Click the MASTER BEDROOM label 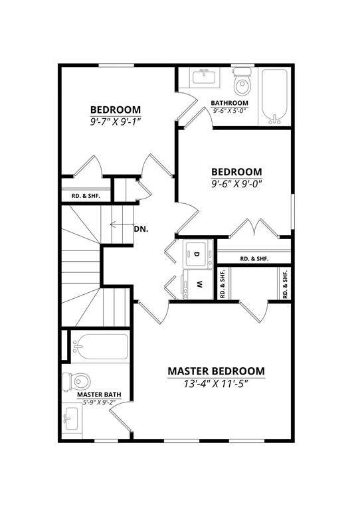[x=217, y=371]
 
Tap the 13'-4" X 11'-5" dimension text [x=216, y=384]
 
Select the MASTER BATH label [x=99, y=394]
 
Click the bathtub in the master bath [x=100, y=347]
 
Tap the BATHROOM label [x=229, y=103]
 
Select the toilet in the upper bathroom [x=242, y=81]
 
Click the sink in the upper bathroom [x=205, y=77]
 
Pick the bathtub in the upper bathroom [x=275, y=96]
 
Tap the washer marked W [x=197, y=284]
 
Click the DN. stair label [x=141, y=229]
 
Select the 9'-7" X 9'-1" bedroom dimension [x=116, y=122]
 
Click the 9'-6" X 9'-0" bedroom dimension [x=236, y=184]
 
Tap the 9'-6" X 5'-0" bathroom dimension [x=229, y=111]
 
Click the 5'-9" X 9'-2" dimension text [x=99, y=402]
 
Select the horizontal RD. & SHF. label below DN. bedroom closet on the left [x=86, y=196]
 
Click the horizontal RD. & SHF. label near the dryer [x=254, y=259]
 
